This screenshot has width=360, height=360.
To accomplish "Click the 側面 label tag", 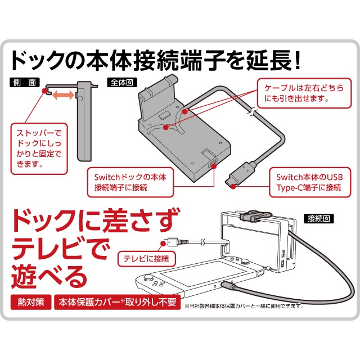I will pos(25,82).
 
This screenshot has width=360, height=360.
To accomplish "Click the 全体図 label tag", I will pos(119,82).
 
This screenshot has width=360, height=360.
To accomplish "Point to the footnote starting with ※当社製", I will pos(244,307).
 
